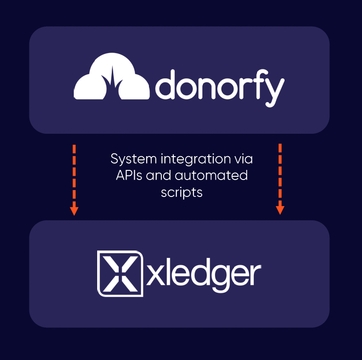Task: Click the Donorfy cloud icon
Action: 111,76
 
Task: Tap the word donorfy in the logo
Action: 220,88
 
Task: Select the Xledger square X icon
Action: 120,273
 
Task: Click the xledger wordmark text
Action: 203,275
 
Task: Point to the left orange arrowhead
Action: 74,211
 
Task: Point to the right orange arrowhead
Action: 280,210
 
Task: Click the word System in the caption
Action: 134,159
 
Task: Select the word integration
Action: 196,160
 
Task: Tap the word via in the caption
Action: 244,159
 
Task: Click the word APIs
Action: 129,175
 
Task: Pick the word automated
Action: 211,175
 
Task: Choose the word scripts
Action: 182,193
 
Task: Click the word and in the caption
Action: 159,175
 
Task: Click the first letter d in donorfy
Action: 165,84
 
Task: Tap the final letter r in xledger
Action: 255,275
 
